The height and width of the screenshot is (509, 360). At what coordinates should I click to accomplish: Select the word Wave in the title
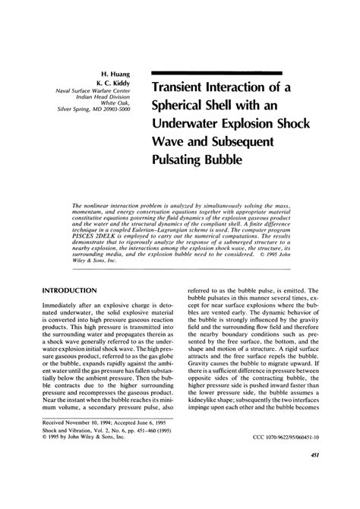tap(172, 141)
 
